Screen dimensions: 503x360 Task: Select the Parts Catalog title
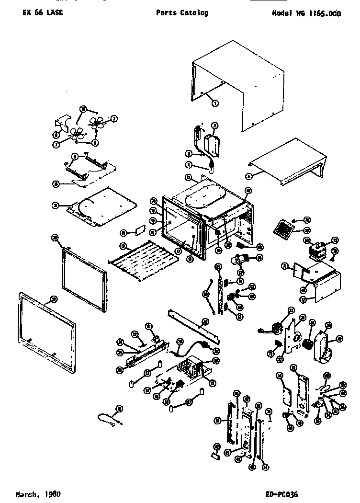click(x=182, y=13)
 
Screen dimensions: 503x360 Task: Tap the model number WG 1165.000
click(x=306, y=13)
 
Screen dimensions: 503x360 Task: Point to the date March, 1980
click(x=38, y=493)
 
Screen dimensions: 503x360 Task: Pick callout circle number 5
click(x=249, y=175)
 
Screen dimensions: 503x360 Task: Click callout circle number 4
click(x=189, y=164)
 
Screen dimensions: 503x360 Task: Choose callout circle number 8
click(x=96, y=142)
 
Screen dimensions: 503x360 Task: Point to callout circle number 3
click(x=189, y=154)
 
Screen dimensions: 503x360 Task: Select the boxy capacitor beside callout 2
click(x=211, y=145)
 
